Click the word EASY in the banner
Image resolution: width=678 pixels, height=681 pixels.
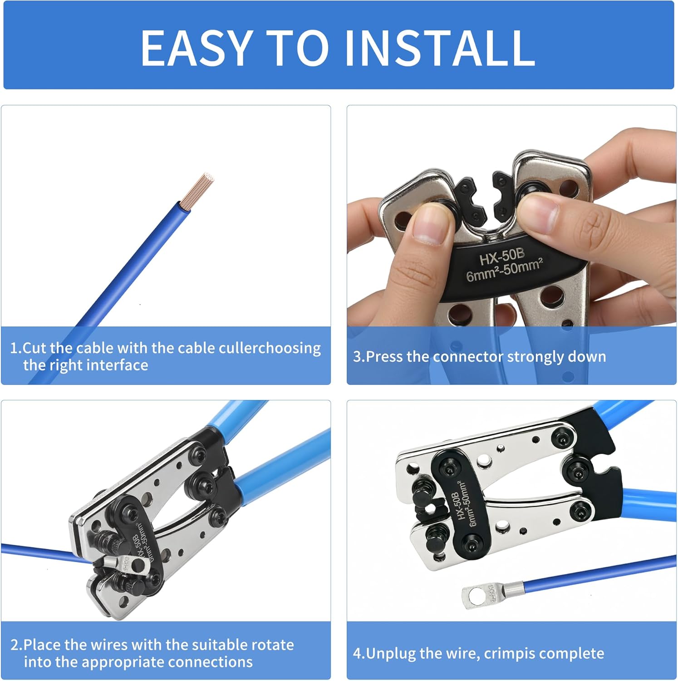pos(196,47)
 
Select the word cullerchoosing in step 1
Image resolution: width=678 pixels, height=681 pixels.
pos(270,348)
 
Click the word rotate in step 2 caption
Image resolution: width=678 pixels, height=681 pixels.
pos(272,645)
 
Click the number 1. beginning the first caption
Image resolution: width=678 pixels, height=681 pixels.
pos(16,348)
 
